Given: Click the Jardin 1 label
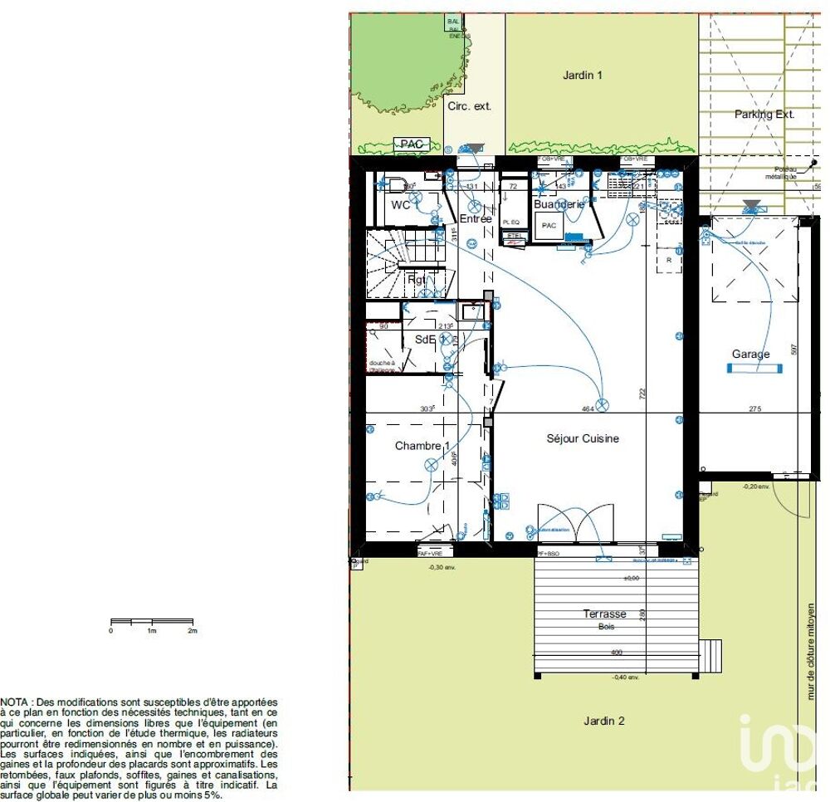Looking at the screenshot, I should tap(583, 76).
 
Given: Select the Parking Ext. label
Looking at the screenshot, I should tap(764, 115).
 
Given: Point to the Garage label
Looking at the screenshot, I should tap(750, 355).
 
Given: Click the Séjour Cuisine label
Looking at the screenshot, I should tap(583, 438).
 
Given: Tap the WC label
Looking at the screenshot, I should tap(400, 205).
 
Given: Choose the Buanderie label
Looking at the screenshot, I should tap(558, 204).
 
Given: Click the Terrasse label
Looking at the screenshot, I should tap(604, 614).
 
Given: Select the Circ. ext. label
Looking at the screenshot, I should tap(470, 106).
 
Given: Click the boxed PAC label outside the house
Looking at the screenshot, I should tap(412, 144).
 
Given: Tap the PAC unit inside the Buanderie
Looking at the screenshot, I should tap(549, 226).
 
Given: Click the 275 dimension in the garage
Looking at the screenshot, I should tap(754, 408).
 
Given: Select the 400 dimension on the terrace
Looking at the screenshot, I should tap(616, 653).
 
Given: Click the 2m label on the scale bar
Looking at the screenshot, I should tap(193, 631).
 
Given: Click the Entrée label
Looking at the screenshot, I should tap(475, 219).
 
